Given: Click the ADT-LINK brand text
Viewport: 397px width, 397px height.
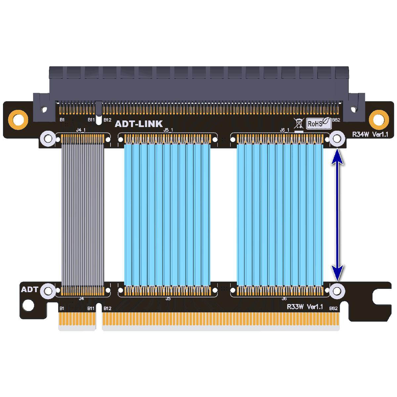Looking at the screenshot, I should (139, 124).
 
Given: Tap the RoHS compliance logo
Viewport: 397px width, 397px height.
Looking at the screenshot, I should (318, 123).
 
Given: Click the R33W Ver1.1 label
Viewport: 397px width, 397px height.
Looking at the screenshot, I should (305, 307).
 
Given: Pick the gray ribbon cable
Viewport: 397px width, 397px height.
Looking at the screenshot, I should (83, 212).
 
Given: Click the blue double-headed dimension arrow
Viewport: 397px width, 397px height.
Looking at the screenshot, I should (337, 215).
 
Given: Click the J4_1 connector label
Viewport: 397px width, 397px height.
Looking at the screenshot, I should (81, 130).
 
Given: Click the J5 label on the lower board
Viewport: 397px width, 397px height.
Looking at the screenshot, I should (168, 299).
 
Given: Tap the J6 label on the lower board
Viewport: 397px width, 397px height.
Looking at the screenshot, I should (284, 299).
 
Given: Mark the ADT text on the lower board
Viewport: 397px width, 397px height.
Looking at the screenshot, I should (30, 290).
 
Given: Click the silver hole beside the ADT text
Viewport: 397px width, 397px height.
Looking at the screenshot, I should (48, 291).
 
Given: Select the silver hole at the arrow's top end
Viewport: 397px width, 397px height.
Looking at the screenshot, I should (337, 139).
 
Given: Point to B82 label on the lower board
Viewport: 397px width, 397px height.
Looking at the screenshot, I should (333, 308).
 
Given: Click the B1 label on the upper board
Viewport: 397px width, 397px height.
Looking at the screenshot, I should (62, 120).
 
